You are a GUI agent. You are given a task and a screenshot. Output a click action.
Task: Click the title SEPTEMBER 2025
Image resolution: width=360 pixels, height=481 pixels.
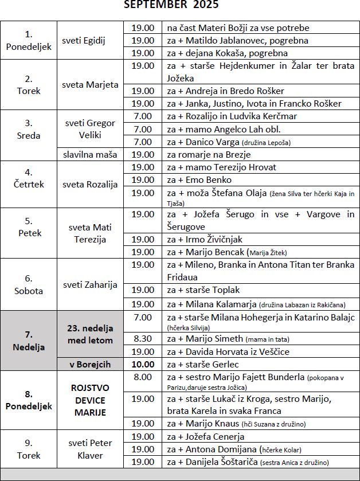[x=171, y=5]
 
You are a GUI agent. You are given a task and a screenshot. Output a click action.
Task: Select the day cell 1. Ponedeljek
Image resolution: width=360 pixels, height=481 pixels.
[x=29, y=40]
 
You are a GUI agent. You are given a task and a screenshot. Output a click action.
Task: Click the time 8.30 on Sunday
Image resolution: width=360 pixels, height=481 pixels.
[x=143, y=339]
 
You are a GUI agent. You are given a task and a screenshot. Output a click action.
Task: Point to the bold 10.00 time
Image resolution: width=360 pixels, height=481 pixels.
[x=143, y=364]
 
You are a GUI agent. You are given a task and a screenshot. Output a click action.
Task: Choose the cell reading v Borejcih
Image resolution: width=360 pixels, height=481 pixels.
[x=91, y=364]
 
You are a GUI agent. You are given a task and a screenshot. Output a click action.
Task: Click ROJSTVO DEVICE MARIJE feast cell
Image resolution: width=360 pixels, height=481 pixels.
[x=91, y=400]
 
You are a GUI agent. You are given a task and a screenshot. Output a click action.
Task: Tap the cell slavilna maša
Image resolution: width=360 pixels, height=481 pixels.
[x=91, y=154]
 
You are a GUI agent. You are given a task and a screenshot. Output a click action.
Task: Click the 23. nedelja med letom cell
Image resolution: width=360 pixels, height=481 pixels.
[x=91, y=334]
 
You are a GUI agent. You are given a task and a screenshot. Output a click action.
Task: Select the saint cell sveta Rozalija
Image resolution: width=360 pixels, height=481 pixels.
[x=91, y=185]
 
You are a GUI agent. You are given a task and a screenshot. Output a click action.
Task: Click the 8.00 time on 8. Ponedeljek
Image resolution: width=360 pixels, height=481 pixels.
[x=143, y=377]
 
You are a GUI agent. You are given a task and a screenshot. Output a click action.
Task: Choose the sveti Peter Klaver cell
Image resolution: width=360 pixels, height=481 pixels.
[x=91, y=449]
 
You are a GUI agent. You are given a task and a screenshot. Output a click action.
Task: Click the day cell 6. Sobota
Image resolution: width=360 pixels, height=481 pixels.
[x=29, y=284]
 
